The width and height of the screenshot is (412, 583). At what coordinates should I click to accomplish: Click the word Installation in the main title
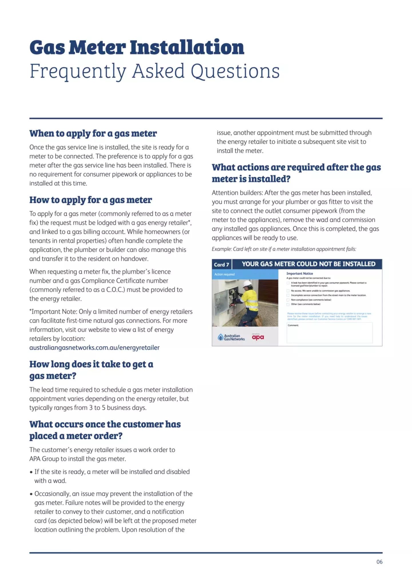(x=187, y=47)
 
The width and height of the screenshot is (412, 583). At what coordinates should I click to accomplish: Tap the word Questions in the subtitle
(x=235, y=71)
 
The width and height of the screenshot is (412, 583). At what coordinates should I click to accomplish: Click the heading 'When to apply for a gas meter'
(x=93, y=133)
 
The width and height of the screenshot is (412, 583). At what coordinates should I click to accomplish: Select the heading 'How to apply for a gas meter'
(x=90, y=200)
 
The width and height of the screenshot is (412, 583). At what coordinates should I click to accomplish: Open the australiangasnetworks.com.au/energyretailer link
(x=94, y=348)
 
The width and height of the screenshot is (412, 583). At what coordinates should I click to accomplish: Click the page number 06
(x=379, y=562)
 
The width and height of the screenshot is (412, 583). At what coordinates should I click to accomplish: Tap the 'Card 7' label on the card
(x=221, y=265)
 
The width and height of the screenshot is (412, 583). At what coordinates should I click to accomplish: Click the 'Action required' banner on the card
(x=225, y=274)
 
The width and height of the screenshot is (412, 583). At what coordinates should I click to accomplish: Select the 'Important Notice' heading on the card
(x=300, y=273)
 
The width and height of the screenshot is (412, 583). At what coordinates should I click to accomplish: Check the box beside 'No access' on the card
(x=288, y=291)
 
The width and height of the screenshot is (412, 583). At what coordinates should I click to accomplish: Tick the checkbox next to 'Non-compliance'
(x=288, y=300)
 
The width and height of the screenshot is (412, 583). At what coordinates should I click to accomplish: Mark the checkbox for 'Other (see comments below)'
(x=288, y=304)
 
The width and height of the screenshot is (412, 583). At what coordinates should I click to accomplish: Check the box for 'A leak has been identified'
(x=288, y=283)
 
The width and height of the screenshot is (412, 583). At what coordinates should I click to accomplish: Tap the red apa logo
(x=258, y=338)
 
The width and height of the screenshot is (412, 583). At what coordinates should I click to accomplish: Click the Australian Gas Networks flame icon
(x=220, y=337)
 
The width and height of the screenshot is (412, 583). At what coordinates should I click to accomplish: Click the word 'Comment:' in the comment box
(x=293, y=325)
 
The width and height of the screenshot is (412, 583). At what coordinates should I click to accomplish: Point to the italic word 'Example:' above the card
(x=221, y=249)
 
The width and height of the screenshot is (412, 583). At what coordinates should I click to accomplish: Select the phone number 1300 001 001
(x=354, y=319)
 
